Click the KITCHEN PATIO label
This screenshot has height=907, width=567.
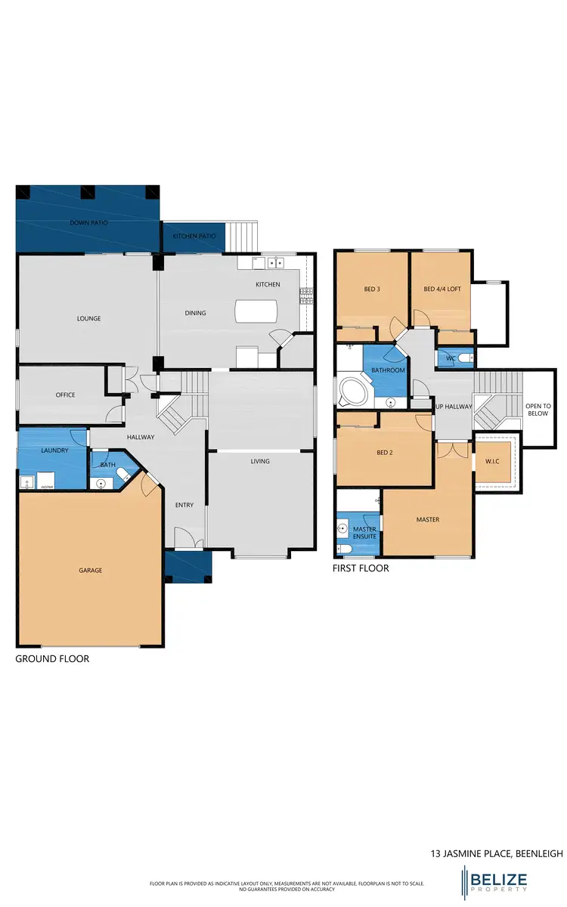(194, 237)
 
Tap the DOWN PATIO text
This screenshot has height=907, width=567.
(87, 223)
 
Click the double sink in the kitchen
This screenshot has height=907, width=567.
(274, 263)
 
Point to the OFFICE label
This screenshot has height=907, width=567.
(65, 395)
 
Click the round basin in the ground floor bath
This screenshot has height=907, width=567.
(101, 481)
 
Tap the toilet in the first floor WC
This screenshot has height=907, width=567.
(464, 357)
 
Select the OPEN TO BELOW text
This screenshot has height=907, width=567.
(538, 410)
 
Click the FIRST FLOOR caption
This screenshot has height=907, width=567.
(361, 568)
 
